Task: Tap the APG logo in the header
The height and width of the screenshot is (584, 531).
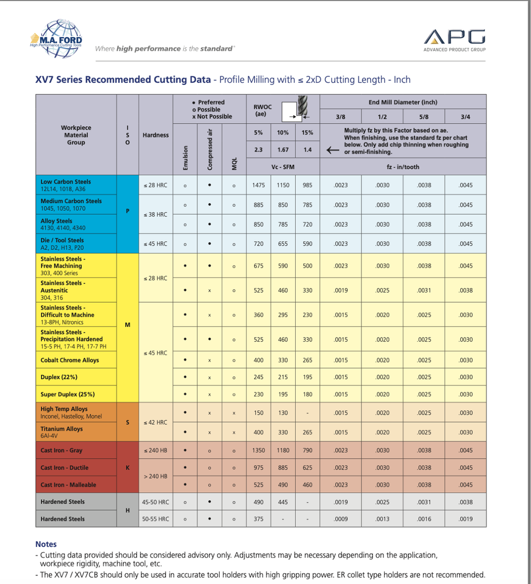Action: [454, 38]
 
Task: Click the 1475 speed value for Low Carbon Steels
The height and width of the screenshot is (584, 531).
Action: [259, 185]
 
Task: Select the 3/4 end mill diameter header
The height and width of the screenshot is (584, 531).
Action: [465, 117]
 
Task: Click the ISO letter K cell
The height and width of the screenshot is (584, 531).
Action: [127, 468]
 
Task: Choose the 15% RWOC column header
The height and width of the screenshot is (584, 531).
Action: [308, 133]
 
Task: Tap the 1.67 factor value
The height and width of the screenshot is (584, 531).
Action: [283, 150]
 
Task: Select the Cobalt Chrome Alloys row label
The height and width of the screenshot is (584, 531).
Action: [70, 360]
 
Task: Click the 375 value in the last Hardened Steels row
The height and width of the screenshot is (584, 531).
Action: [259, 519]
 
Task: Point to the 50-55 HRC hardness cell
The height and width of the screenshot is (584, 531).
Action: [156, 519]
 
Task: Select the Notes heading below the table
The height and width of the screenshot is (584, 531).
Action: [46, 544]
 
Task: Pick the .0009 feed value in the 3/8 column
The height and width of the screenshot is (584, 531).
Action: [341, 519]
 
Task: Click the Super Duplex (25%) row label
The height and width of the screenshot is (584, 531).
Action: [67, 394]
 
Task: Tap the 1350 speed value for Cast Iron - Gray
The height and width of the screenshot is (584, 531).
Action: [259, 451]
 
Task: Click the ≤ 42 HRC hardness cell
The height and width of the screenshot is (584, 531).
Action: [156, 423]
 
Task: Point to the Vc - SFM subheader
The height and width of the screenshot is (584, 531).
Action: [283, 167]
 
